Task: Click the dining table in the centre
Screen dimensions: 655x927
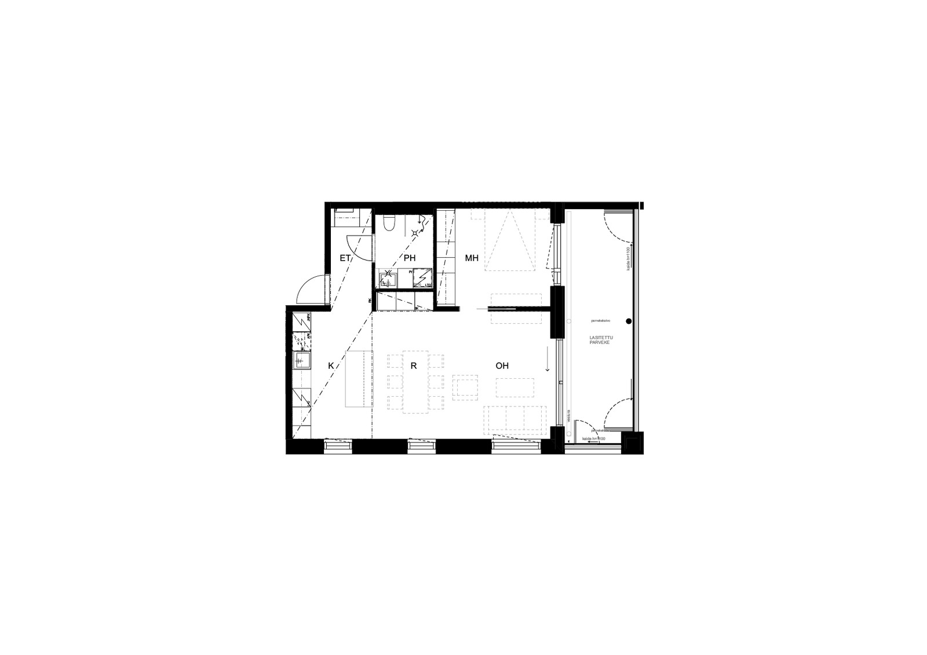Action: click(x=416, y=382)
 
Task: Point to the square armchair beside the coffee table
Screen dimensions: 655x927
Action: click(x=465, y=387)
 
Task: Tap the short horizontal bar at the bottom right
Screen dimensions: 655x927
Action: click(x=593, y=447)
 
